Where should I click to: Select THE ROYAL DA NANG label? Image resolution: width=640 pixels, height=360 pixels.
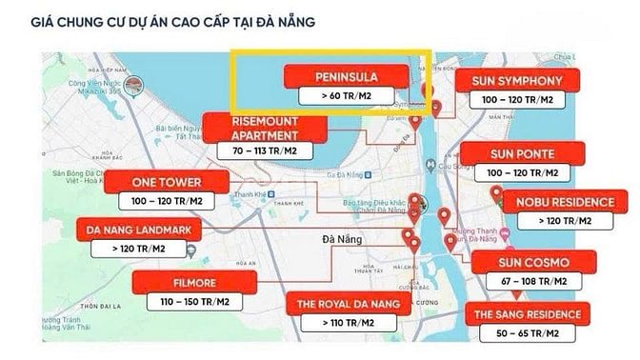350,305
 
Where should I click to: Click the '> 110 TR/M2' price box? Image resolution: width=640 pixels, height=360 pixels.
350,324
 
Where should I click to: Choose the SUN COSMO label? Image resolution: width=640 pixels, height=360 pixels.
532,263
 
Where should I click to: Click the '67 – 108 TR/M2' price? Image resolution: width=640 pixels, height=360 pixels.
532,282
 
